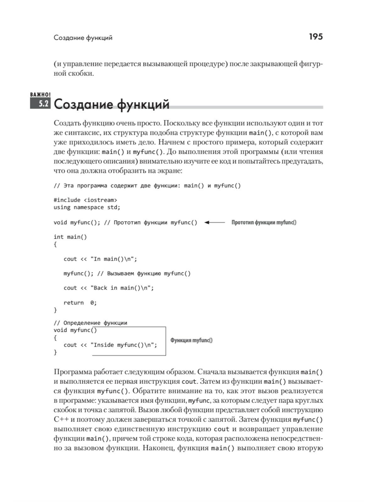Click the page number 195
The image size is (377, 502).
[x=315, y=37]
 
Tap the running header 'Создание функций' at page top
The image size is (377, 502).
[x=83, y=38]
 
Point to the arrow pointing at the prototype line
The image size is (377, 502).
[x=215, y=222]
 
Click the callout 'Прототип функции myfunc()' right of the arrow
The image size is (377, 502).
[x=264, y=222]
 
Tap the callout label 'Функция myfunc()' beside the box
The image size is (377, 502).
[x=191, y=340]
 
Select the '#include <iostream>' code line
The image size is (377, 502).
[x=85, y=200]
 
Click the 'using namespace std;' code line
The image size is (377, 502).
[x=87, y=207]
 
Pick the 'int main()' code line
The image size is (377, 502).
[x=70, y=237]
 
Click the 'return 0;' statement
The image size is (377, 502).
[x=80, y=303]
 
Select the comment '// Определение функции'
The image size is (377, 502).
[x=90, y=323]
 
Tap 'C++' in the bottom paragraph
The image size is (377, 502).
[x=60, y=419]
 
